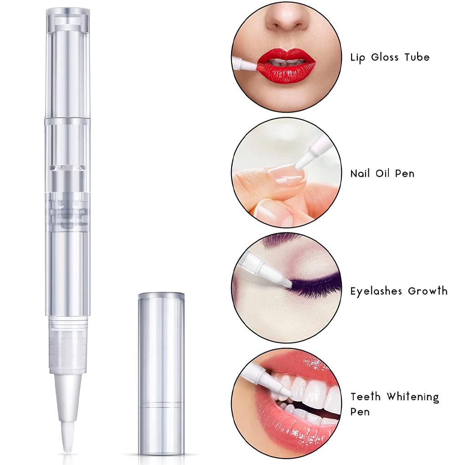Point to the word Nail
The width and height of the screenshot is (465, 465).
point(360,173)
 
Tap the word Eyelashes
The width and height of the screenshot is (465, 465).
point(376,291)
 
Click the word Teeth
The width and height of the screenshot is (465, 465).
point(366,397)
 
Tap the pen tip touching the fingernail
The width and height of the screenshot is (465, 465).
point(300,162)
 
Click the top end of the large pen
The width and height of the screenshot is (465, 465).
point(67,14)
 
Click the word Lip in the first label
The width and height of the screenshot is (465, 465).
point(359,57)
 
